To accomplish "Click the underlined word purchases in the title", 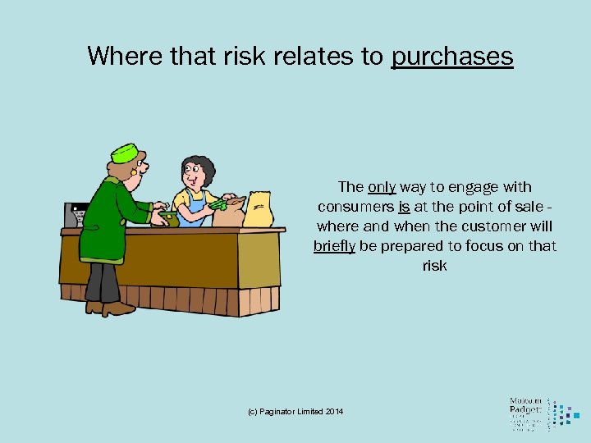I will click(x=452, y=57).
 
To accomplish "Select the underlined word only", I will click(x=382, y=187).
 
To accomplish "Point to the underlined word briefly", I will click(x=334, y=246).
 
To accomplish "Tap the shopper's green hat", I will click(x=126, y=152).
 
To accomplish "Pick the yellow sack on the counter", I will click(x=259, y=210).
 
